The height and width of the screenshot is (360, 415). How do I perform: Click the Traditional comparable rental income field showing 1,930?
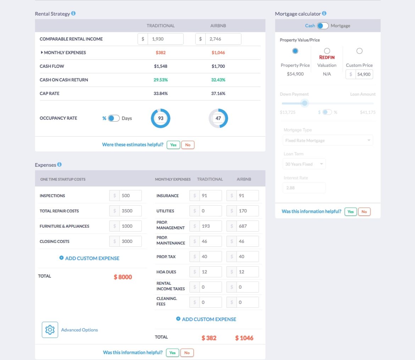coord(165,39)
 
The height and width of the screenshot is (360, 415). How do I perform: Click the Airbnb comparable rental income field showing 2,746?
coord(223,39)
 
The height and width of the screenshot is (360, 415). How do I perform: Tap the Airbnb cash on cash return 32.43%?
coord(218,80)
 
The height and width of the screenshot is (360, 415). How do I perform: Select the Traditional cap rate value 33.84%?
coord(161,94)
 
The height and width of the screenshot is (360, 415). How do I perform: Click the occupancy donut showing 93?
coord(161,118)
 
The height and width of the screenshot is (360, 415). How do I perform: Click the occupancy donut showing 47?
coord(218,118)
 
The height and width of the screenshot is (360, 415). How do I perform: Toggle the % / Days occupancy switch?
coord(114,118)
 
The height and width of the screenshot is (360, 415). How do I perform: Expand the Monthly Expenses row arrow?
coord(42,52)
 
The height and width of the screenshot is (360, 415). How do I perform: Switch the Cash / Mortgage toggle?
coord(322,26)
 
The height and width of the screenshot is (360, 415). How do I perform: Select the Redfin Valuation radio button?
coord(327,51)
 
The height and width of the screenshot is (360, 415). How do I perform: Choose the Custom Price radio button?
coord(359,51)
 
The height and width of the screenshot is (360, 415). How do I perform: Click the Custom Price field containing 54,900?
coord(363,74)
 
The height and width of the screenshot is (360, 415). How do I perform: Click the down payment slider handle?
coord(304,103)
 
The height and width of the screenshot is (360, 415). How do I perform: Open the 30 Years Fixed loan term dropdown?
coord(304,164)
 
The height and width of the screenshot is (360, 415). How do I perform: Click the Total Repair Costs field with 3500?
coord(130,211)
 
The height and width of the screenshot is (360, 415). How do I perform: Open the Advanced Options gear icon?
coord(50,330)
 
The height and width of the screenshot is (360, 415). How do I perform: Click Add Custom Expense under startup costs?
coord(89,258)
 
